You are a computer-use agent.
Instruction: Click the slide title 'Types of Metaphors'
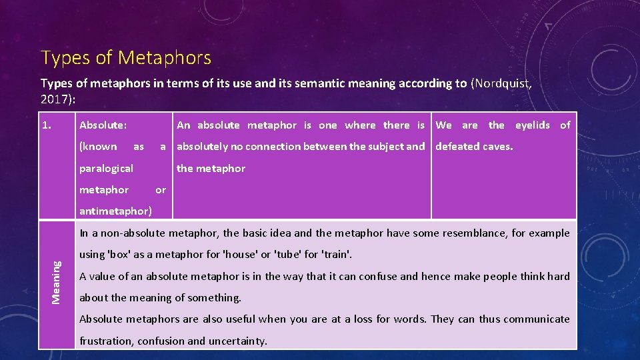click(x=126, y=58)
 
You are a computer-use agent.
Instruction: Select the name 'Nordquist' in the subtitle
click(x=501, y=83)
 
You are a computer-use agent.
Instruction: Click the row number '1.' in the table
click(x=47, y=125)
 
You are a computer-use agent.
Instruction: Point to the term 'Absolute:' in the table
click(x=103, y=125)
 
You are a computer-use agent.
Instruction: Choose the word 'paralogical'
click(x=106, y=169)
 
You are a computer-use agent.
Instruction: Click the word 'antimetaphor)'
click(x=115, y=211)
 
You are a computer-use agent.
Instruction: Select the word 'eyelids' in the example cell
click(x=532, y=125)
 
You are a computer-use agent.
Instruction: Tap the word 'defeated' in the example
click(x=457, y=147)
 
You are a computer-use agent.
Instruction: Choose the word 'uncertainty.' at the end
click(x=237, y=341)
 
